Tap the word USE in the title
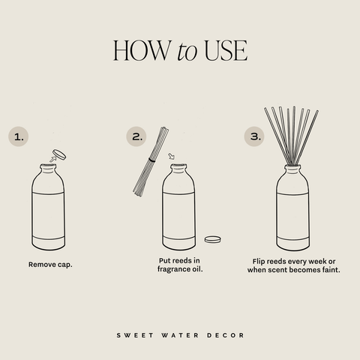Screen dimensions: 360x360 [223, 50]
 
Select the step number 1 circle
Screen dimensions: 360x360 [20, 136]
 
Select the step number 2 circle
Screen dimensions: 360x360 [136, 136]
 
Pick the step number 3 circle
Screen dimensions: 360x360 [255, 136]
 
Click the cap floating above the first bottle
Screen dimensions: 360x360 [58, 155]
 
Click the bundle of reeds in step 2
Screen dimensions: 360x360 [152, 161]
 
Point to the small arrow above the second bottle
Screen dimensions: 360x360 [171, 157]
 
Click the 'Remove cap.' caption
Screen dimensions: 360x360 [49, 265]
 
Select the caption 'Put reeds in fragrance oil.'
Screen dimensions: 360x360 [180, 265]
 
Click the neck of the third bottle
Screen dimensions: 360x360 [292, 169]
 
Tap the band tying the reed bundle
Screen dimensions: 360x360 [152, 160]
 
